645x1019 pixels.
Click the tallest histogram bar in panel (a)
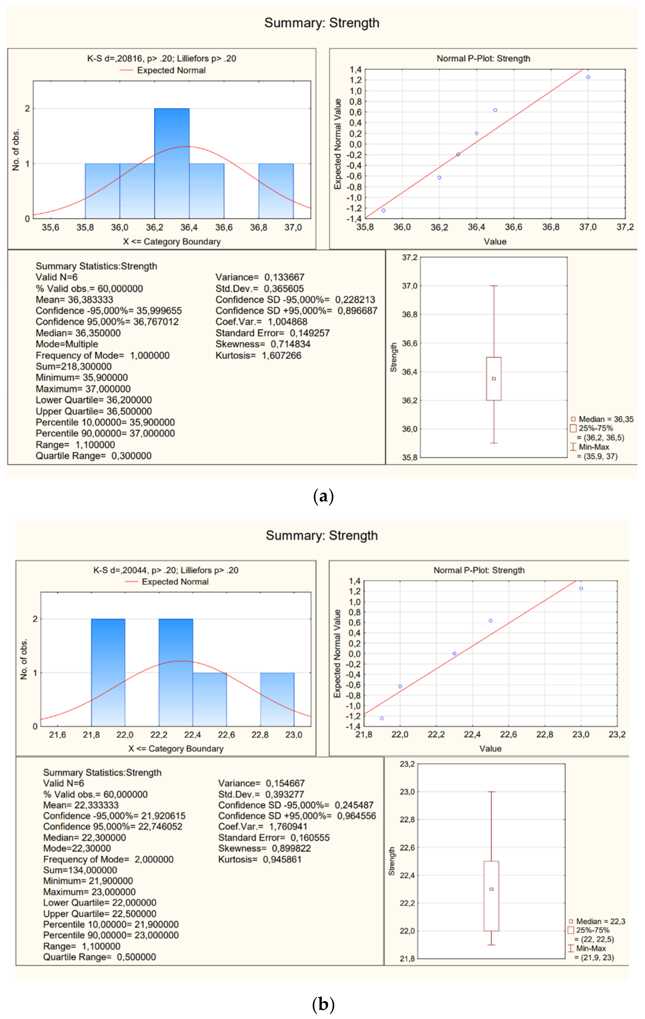click(x=172, y=163)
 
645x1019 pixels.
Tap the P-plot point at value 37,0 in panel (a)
click(x=588, y=77)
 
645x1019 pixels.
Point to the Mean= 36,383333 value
click(x=74, y=300)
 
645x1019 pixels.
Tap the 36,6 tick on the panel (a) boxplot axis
click(x=409, y=343)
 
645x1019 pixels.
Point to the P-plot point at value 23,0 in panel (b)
click(x=581, y=588)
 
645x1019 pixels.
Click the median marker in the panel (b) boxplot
click(x=491, y=889)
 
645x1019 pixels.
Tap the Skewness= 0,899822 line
click(x=264, y=848)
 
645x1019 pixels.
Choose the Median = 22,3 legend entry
click(x=600, y=921)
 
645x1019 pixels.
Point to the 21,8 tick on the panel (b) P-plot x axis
click(x=364, y=734)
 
